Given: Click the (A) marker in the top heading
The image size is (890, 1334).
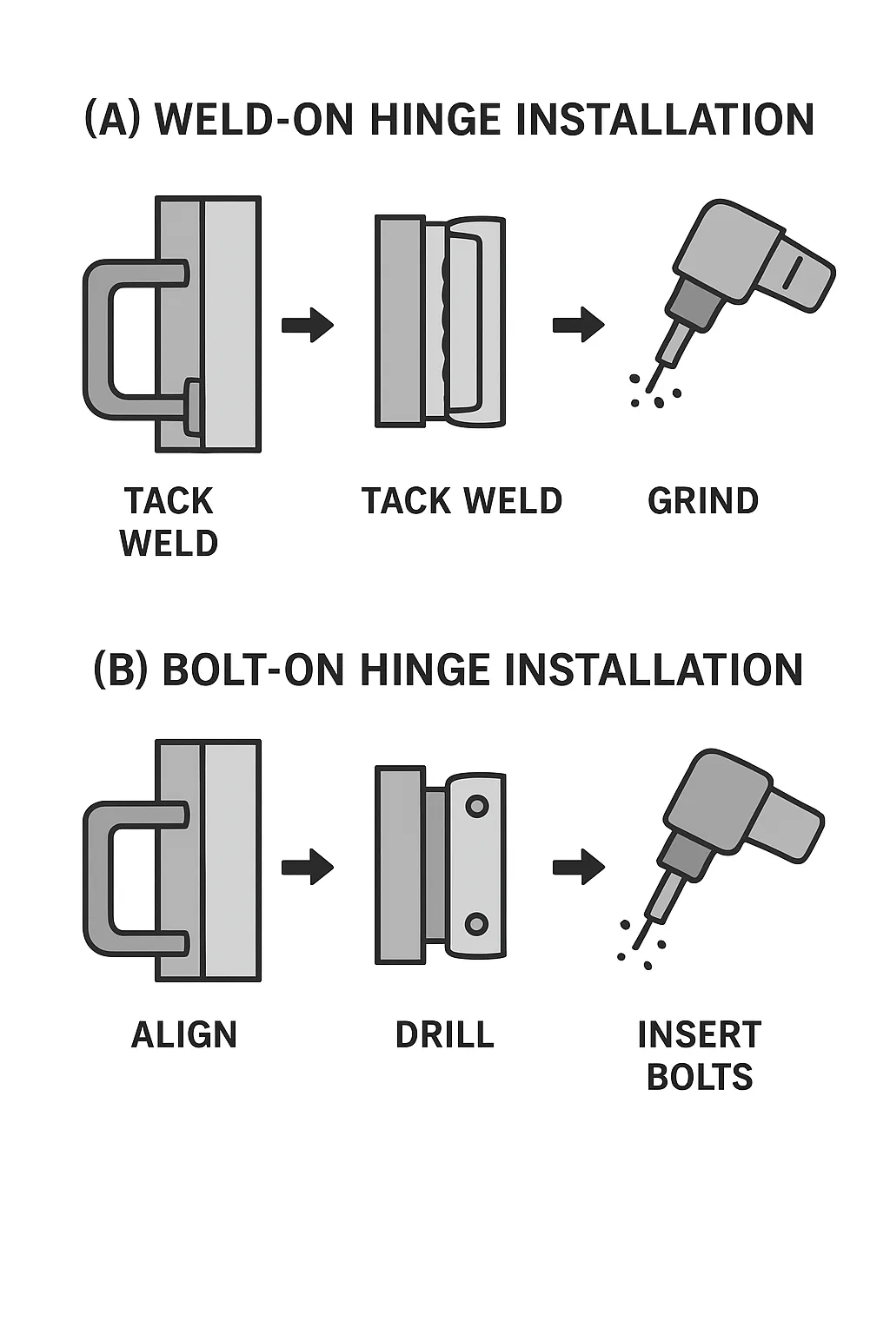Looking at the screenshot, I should [112, 120].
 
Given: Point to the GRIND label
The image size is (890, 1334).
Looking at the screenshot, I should [702, 501].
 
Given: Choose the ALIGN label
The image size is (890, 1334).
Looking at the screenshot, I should [183, 1034].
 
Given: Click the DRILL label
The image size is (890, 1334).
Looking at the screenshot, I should [444, 1034].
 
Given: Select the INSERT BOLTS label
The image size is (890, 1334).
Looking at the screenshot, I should [700, 1055].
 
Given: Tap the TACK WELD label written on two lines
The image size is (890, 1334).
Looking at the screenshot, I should [169, 522].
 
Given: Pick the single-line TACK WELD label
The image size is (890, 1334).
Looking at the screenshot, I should [462, 501].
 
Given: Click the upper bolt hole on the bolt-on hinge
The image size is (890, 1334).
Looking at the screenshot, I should [476, 806].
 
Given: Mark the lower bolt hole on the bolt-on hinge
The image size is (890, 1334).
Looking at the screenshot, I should [476, 923].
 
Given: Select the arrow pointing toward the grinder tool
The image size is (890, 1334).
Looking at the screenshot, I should [578, 325].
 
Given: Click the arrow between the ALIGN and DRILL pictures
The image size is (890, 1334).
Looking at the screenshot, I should [308, 867].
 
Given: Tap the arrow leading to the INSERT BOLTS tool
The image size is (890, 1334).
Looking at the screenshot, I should [578, 867].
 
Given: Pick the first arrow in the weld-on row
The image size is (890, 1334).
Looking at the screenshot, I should [308, 325].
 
